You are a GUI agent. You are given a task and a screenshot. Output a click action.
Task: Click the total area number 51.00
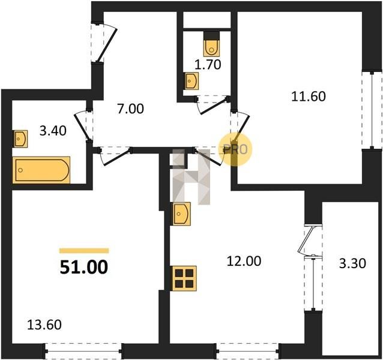[x=84, y=267]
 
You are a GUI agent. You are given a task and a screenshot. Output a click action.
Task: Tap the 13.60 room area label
[x=44, y=325]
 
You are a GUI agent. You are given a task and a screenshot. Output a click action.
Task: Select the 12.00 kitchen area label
[x=244, y=261]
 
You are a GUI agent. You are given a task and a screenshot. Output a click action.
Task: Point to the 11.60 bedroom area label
[x=309, y=96]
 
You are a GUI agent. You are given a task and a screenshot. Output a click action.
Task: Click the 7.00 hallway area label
[x=130, y=109]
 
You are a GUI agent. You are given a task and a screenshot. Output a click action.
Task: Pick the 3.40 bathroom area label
[x=53, y=131]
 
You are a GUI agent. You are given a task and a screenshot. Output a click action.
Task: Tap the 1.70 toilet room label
[x=208, y=65]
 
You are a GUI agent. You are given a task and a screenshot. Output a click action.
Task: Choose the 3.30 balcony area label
[x=352, y=263]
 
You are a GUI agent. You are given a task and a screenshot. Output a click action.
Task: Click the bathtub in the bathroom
[x=41, y=170]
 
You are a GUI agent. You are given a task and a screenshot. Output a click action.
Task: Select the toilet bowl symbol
[x=212, y=44]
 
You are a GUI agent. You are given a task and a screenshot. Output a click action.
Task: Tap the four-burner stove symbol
[x=184, y=278]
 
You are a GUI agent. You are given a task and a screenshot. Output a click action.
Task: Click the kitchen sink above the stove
[x=181, y=214]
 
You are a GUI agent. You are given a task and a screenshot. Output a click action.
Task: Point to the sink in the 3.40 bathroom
[x=20, y=139]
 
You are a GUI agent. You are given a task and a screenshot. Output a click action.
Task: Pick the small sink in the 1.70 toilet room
[x=191, y=81]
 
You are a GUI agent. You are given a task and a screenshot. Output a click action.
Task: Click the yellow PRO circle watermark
[x=235, y=149]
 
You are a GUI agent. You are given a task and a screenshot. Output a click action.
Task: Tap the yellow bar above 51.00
[x=84, y=251]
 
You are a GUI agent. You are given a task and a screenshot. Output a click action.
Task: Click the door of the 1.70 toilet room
[x=213, y=105]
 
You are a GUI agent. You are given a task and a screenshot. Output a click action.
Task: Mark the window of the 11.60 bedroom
[x=372, y=110]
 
